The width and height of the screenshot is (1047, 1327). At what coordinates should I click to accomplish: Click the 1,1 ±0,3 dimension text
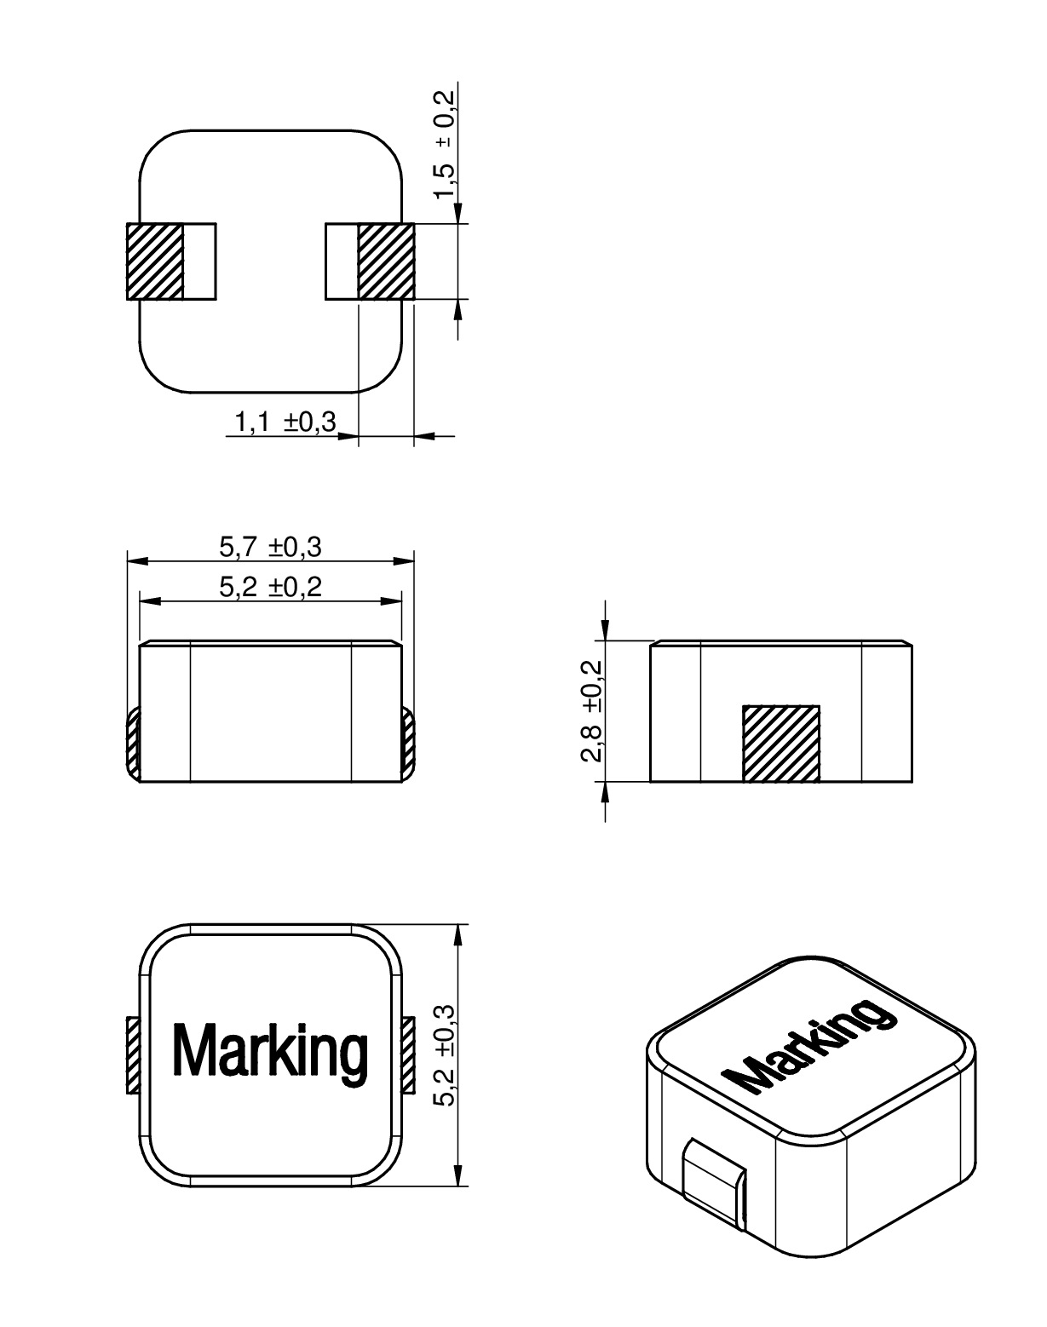(285, 422)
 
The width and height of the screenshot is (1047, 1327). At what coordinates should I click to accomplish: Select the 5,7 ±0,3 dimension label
(271, 547)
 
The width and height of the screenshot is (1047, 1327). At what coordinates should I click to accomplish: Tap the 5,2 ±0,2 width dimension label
(271, 587)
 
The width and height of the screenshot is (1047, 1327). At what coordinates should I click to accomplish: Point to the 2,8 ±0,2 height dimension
(591, 711)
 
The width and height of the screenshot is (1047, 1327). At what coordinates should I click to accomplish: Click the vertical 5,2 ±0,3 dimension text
(445, 1054)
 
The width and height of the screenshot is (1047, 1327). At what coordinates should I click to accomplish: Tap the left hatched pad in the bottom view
(155, 261)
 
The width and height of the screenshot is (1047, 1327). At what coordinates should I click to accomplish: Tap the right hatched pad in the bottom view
(386, 261)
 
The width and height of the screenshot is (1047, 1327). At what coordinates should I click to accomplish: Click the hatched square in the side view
(781, 743)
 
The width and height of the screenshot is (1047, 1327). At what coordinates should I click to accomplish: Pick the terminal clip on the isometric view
(716, 1184)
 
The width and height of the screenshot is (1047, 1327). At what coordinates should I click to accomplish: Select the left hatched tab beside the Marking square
(133, 1055)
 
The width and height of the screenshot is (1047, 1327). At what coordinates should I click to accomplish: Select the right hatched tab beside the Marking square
(407, 1055)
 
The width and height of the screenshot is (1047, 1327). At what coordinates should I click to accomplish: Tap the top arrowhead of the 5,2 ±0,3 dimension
(458, 934)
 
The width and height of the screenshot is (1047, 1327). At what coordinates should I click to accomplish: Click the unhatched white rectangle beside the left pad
(199, 261)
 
